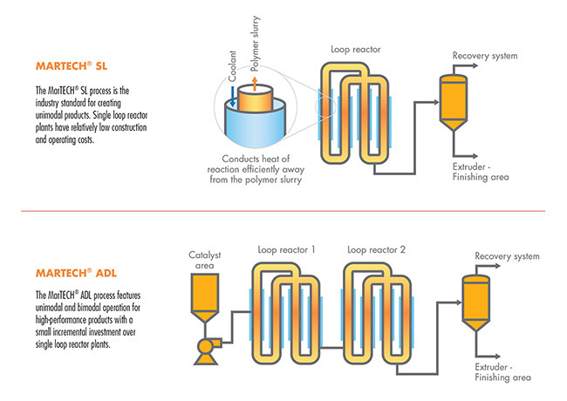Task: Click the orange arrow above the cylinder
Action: point(255,84)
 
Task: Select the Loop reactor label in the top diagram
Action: point(353,51)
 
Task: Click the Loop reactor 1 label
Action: point(287,249)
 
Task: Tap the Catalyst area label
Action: point(207,261)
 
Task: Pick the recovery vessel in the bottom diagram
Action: point(478,301)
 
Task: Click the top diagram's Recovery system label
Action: point(485,57)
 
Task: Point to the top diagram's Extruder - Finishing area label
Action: point(480,172)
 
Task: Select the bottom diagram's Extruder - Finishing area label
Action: point(502,372)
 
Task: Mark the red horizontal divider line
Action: point(283,210)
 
